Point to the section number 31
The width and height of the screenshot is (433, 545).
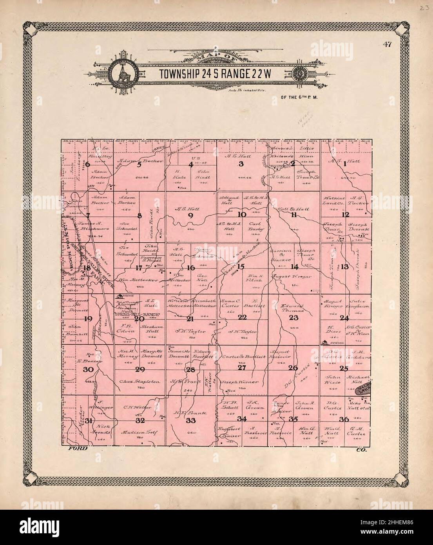(x=89, y=421)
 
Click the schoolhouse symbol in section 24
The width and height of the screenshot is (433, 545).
(x=324, y=342)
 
